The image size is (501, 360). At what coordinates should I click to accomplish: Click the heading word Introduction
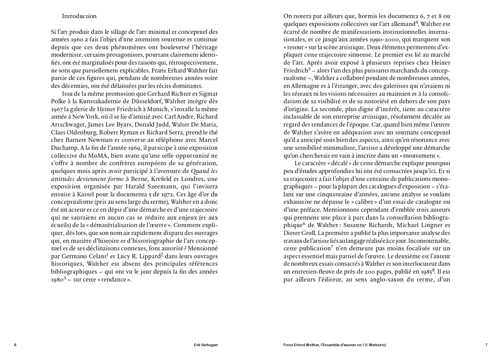(79, 16)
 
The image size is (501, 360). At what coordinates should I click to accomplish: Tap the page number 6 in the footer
(15, 345)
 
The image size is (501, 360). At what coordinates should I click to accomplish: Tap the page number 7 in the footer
(486, 345)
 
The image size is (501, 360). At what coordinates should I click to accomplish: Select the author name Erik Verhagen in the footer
(206, 345)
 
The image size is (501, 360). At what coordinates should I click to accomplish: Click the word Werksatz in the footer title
(376, 345)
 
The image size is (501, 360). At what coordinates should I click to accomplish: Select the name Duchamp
(64, 147)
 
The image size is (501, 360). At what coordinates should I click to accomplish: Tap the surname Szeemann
(164, 186)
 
